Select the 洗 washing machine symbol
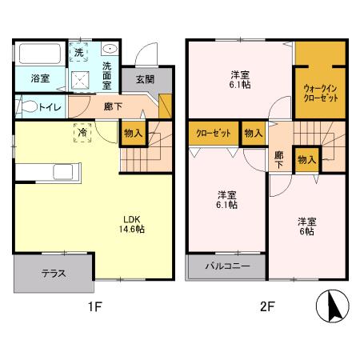(79, 51)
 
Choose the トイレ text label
(46, 106)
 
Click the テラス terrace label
(54, 273)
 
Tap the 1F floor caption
(94, 306)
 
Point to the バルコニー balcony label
(227, 266)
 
